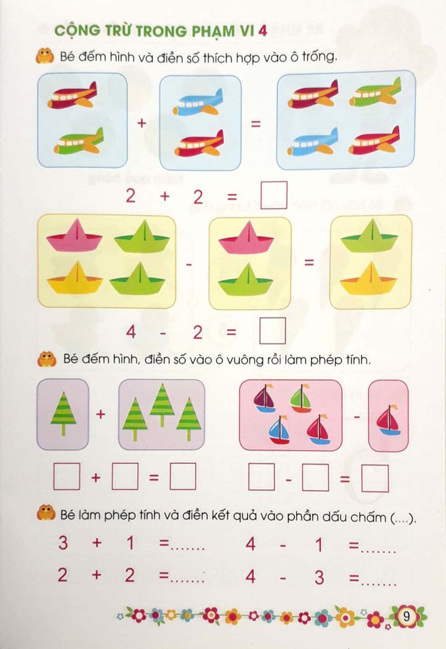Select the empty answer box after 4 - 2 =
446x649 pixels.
point(272,330)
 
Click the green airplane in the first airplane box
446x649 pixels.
point(79,141)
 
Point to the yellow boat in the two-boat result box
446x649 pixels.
point(369,278)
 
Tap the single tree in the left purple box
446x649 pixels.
point(63,412)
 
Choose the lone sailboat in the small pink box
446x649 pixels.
point(388,420)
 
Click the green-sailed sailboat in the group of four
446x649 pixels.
point(301,399)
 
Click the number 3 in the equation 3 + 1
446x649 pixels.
point(63,543)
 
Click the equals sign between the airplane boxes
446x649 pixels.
point(256,124)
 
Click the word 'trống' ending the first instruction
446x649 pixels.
point(317,57)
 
